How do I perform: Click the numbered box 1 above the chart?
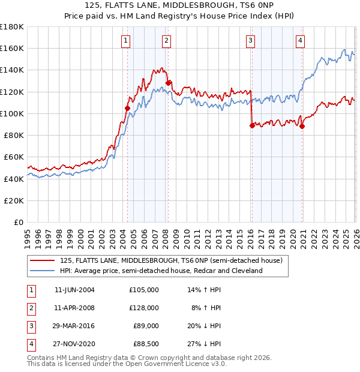coord(126,41)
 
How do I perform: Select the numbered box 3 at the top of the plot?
coord(250,41)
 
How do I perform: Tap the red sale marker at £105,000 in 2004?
coord(127,109)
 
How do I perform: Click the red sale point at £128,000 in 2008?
coord(169,83)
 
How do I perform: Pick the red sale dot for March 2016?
coord(251,125)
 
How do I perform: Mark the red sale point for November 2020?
coord(302,126)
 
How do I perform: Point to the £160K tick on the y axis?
coord(12,48)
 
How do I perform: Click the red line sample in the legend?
coord(43,260)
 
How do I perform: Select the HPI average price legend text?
coord(161,271)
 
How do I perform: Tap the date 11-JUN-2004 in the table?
coord(74,290)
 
